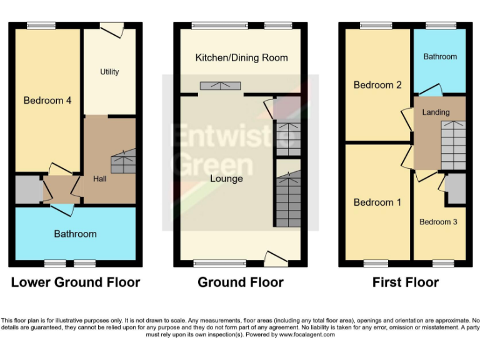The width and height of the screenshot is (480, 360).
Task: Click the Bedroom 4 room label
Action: (43, 100)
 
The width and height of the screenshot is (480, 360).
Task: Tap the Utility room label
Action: (109, 72)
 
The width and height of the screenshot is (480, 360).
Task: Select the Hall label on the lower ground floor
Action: (100, 179)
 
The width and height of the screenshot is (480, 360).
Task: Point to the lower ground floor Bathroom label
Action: (75, 234)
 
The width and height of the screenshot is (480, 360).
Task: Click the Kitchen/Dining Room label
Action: (241, 57)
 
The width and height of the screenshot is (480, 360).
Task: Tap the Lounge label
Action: (226, 179)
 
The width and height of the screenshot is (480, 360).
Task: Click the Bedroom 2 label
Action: (377, 85)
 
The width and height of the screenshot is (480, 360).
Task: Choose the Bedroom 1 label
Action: (377, 202)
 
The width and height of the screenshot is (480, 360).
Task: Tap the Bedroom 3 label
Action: (438, 222)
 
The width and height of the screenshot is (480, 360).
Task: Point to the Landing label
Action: (436, 112)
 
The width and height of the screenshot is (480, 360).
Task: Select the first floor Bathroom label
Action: (440, 57)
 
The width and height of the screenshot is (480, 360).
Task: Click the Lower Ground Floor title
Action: (75, 282)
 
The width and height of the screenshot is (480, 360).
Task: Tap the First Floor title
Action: (406, 282)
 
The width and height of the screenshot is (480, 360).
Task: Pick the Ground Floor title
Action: (241, 282)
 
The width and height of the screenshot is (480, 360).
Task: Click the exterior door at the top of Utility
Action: (112, 27)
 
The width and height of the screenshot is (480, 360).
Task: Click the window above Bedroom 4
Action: (41, 26)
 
